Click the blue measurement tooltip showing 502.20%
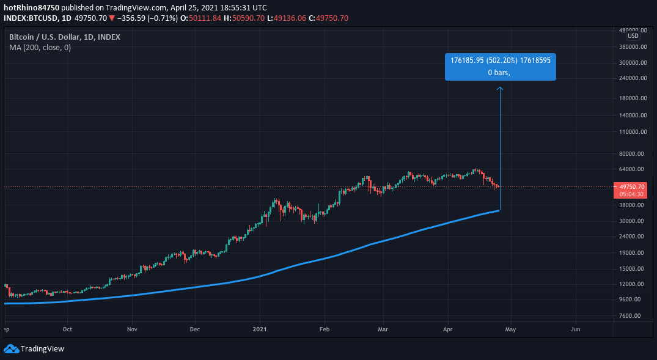click(500, 67)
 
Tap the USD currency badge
click(633, 35)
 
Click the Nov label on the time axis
click(131, 329)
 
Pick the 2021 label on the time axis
click(261, 329)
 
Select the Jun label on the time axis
click(575, 329)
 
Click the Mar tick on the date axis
click(383, 329)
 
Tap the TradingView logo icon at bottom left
click(11, 349)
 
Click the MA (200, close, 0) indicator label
click(40, 48)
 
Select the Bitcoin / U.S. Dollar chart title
click(64, 37)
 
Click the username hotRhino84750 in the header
click(31, 7)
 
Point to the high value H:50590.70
click(244, 18)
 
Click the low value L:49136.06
click(287, 18)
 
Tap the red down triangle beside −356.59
click(112, 18)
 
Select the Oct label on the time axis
click(67, 329)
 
